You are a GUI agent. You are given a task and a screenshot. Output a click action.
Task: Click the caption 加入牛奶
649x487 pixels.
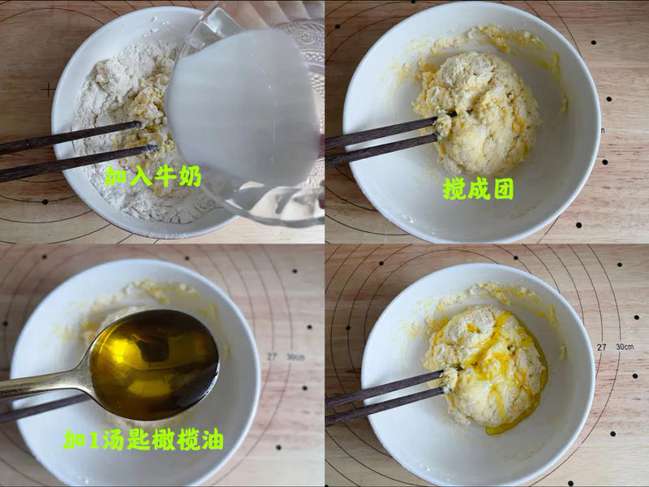tap(153, 176)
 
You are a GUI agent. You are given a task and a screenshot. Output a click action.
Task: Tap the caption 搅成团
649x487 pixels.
tap(479, 189)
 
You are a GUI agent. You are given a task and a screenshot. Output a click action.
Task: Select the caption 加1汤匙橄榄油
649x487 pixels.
tap(144, 439)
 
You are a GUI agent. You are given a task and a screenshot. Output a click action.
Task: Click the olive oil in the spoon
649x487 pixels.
tap(154, 364)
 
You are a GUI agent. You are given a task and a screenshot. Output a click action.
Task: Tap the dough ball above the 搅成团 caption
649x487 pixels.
tap(477, 113)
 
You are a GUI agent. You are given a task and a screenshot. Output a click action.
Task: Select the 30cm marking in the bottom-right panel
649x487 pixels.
tap(624, 347)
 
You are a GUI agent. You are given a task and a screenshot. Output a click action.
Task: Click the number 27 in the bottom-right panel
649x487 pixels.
tap(601, 347)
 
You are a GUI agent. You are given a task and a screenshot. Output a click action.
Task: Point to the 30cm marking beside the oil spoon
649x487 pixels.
tap(294, 357)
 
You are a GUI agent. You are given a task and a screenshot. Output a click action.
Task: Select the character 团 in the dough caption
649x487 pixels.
tap(504, 189)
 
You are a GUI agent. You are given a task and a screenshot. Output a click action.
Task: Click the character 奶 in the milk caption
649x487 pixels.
tap(191, 176)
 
